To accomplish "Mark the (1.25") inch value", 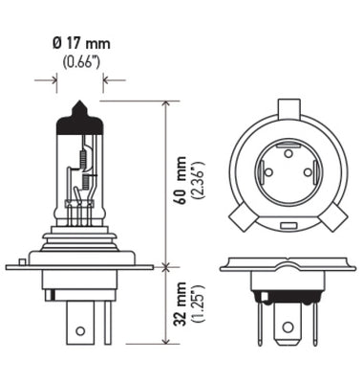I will pos(197,304).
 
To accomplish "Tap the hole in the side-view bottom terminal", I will pos(81,330).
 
